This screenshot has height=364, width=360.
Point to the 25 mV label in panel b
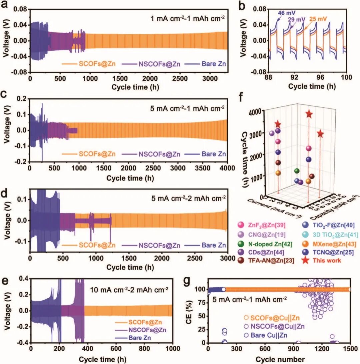click(x=316, y=19)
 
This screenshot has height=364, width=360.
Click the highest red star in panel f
click(x=309, y=114)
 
